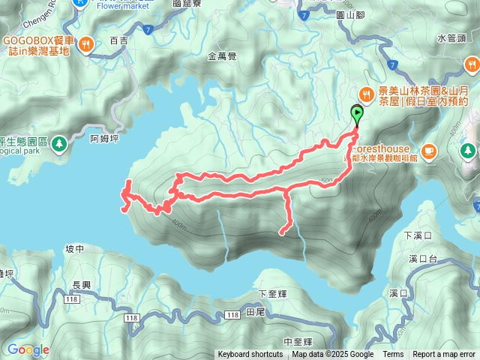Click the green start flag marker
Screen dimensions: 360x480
pos(357,115)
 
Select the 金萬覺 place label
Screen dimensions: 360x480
pos(222,55)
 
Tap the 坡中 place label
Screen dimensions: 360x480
pos(75,249)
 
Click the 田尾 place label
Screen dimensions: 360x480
pos(255,311)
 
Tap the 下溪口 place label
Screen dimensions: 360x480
pos(418,235)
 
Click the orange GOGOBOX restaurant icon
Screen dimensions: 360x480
pos(87,44)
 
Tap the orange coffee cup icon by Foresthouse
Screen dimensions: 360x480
pos(428,150)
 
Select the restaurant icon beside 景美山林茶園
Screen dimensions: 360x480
pos(365,94)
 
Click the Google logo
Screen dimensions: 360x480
pos(28,349)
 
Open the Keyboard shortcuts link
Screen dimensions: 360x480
pos(250,355)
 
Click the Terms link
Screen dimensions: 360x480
pos(393,355)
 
